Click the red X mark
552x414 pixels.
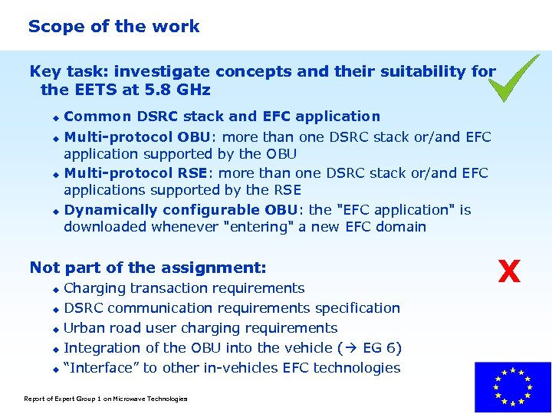tap(509, 271)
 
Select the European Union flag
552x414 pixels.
tap(513, 388)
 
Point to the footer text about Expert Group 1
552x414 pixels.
tap(106, 399)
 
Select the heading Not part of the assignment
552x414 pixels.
tap(148, 268)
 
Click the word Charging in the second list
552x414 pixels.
tap(94, 288)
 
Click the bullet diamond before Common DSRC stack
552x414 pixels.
tap(55, 117)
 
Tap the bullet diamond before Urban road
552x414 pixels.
tap(55, 329)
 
